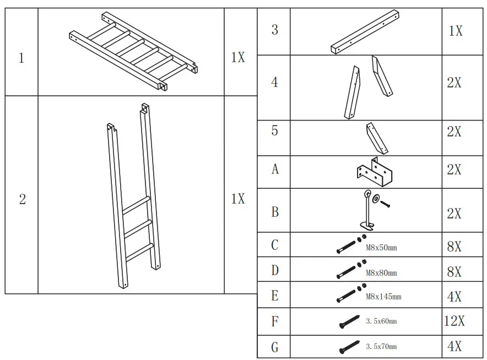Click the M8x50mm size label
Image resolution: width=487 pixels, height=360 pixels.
pyautogui.click(x=381, y=248)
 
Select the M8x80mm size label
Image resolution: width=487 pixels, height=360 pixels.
pyautogui.click(x=381, y=272)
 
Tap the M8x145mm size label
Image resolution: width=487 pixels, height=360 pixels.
pyautogui.click(x=383, y=297)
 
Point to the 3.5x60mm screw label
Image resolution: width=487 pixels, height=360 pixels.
pyautogui.click(x=381, y=321)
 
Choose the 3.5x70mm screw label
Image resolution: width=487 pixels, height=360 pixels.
pyautogui.click(x=381, y=347)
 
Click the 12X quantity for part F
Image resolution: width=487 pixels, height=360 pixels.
pyautogui.click(x=454, y=321)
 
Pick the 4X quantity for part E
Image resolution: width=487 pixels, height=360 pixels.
pyautogui.click(x=454, y=297)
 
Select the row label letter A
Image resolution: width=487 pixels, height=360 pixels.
pyautogui.click(x=274, y=170)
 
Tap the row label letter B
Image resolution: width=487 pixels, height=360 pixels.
pyautogui.click(x=274, y=212)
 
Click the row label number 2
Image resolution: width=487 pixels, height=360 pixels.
pyautogui.click(x=22, y=199)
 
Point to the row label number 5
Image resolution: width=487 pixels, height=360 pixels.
pyautogui.click(x=274, y=131)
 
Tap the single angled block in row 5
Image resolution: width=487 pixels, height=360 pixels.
pyautogui.click(x=376, y=138)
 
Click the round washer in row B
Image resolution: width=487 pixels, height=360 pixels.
pyautogui.click(x=376, y=198)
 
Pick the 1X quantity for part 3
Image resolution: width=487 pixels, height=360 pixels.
pyautogui.click(x=455, y=31)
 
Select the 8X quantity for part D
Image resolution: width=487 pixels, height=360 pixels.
pyautogui.click(x=454, y=272)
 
